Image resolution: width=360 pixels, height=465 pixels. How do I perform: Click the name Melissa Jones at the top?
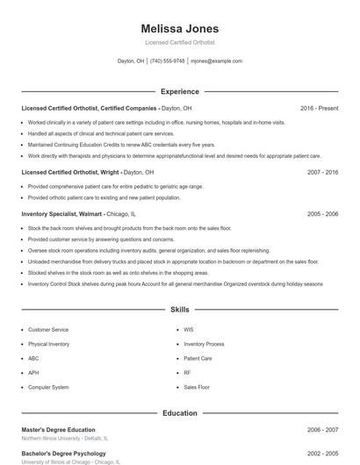[x=179, y=28]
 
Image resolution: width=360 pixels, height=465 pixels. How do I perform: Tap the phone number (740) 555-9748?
[x=167, y=61]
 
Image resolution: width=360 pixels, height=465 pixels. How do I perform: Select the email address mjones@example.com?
[x=216, y=61]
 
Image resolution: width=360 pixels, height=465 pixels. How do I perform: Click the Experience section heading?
[x=179, y=91]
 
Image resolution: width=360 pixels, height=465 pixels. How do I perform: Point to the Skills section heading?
[x=179, y=310]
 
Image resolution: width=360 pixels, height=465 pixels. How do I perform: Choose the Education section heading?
[x=179, y=412]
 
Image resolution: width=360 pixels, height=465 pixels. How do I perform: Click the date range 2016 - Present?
[x=319, y=108]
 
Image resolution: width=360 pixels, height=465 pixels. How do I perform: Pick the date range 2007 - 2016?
[x=322, y=173]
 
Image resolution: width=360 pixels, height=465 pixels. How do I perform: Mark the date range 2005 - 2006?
[x=322, y=214]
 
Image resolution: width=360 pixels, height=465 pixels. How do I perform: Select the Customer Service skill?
[x=48, y=330]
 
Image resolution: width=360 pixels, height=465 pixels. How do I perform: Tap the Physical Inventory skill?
[x=48, y=344]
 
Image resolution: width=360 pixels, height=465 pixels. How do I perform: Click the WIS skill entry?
[x=189, y=330]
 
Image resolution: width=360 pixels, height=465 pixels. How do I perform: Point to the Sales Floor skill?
[x=197, y=387]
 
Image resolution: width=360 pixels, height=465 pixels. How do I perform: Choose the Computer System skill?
[x=48, y=387]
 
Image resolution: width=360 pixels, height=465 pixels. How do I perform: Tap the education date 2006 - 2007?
[x=322, y=430]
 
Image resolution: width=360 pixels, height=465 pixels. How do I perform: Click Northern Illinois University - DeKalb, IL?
[x=64, y=438]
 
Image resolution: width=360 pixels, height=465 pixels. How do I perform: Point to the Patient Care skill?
[x=198, y=358]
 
